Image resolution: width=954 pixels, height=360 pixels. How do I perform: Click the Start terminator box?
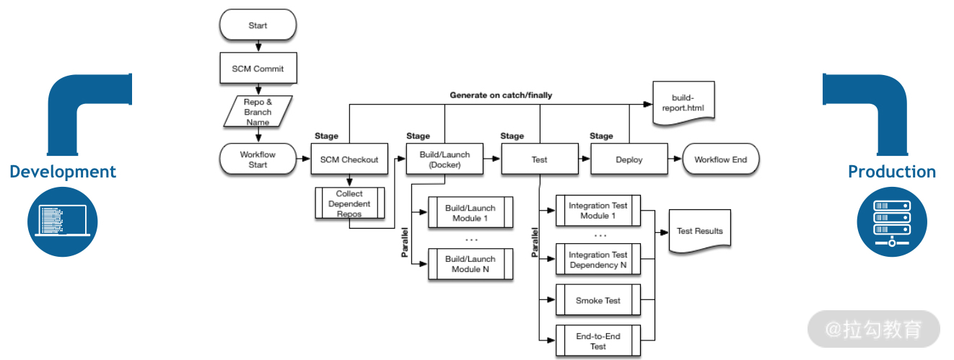coord(258,25)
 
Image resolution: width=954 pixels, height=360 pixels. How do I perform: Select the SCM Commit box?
coord(258,69)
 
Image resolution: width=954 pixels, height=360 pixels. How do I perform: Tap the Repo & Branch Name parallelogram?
coord(258,112)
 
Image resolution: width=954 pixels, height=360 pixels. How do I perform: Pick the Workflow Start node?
coord(258,159)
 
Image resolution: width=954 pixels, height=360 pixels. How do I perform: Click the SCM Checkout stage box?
coord(349,159)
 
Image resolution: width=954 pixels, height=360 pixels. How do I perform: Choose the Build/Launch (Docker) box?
coord(445,159)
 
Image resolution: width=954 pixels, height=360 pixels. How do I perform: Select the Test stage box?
coord(539,159)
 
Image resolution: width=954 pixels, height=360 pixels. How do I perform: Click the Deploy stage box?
coord(629,159)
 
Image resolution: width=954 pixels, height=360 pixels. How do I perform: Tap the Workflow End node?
coord(720,159)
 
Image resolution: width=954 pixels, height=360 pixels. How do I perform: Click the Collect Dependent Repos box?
coord(349,203)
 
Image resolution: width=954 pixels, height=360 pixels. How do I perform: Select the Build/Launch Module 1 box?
coord(471,213)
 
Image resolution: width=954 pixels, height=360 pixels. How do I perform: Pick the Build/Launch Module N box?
coord(471,264)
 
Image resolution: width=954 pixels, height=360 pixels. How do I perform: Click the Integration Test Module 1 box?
coord(598,211)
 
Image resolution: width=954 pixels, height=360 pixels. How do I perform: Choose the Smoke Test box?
coord(598,300)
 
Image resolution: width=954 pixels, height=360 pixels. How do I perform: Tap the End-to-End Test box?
coord(598,341)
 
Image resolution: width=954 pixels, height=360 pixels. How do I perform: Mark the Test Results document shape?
coord(699,231)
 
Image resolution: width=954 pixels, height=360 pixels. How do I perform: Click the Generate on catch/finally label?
coord(501,95)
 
